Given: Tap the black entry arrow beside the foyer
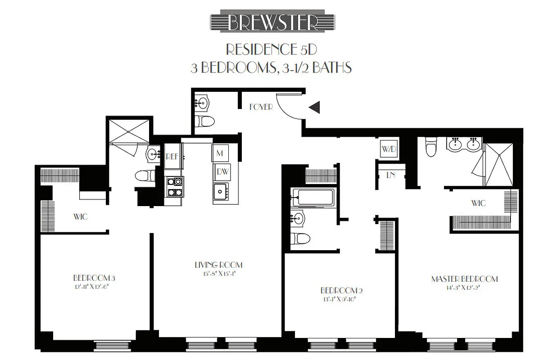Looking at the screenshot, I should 314,107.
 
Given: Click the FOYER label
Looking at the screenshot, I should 261,108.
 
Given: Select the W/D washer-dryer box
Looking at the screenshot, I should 389,149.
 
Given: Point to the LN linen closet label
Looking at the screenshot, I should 390,175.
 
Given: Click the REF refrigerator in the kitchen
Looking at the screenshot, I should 172,157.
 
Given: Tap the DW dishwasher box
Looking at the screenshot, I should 221,171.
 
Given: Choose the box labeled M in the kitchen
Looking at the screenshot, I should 220,153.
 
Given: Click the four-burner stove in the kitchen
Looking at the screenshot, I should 175,187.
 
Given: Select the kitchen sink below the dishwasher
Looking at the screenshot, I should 220,191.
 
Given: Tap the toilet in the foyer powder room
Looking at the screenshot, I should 206,121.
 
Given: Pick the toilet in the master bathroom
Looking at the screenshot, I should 431,148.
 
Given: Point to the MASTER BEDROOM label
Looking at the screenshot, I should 464,279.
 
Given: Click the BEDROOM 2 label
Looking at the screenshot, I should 341,290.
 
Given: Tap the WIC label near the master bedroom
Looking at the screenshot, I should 479,203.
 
